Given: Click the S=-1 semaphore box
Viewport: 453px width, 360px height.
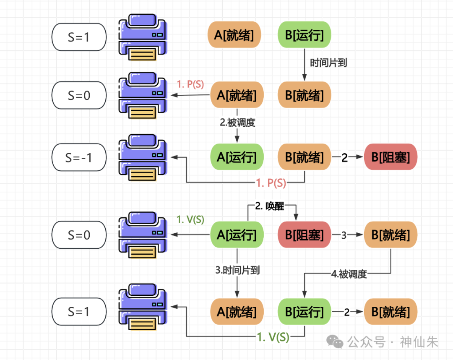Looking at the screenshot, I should point(79,158).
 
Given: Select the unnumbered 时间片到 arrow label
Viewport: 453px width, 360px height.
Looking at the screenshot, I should point(328,63).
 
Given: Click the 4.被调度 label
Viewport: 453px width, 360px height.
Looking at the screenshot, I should point(349,274).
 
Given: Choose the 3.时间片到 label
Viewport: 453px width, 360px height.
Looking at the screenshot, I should point(237,270).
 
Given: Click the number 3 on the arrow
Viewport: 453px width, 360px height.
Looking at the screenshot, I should point(344,235).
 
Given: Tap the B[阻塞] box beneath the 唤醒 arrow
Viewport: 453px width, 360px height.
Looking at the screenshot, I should point(305,235).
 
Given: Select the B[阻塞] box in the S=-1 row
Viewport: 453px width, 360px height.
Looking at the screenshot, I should point(391,158).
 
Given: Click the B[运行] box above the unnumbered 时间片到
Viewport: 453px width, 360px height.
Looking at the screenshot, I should point(305,35).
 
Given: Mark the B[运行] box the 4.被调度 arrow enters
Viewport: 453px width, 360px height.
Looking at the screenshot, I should point(305,312).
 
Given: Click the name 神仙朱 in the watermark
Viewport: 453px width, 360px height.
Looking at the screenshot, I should point(419,342).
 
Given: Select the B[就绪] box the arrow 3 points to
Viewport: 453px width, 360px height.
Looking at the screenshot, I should point(391,235).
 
